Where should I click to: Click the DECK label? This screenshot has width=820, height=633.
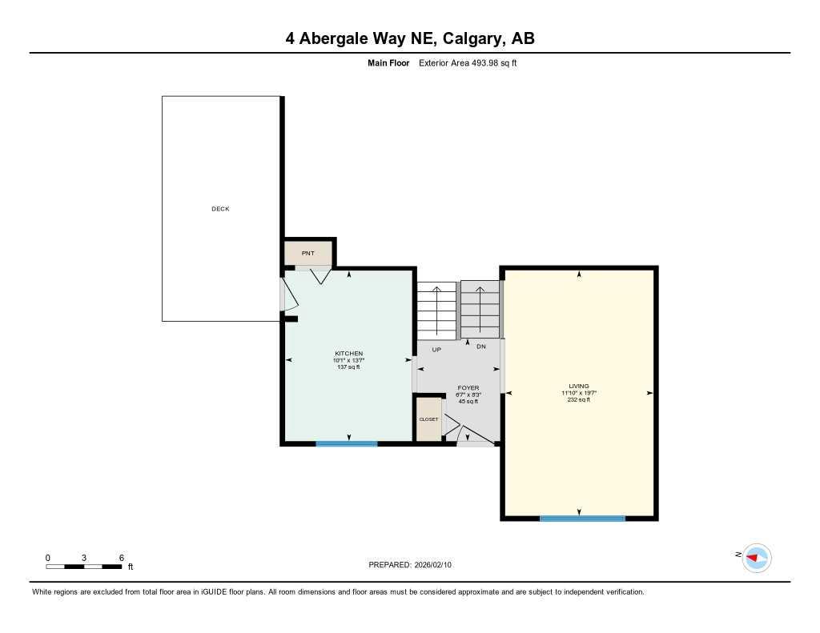(220, 209)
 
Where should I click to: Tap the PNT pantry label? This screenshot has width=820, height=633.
(307, 253)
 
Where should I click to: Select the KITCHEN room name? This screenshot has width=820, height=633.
(348, 354)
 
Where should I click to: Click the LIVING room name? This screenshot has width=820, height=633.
(579, 387)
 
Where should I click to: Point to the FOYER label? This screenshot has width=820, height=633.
(468, 388)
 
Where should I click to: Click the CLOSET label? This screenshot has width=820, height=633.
(428, 419)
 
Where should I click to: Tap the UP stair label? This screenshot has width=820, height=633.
(436, 349)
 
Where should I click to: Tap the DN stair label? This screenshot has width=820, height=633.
(480, 347)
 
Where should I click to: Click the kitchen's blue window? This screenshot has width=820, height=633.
(346, 443)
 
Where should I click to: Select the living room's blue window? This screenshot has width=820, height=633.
(582, 519)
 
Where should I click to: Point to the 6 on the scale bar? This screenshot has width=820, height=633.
(121, 557)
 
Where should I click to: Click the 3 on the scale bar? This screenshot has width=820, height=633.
(84, 557)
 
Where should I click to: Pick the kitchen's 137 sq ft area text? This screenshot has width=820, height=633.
(348, 367)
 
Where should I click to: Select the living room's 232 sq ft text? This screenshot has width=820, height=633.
(579, 400)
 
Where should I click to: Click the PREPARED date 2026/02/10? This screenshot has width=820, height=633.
(439, 565)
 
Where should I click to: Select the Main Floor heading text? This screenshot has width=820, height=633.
(388, 63)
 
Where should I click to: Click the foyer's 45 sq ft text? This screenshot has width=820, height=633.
(468, 402)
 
